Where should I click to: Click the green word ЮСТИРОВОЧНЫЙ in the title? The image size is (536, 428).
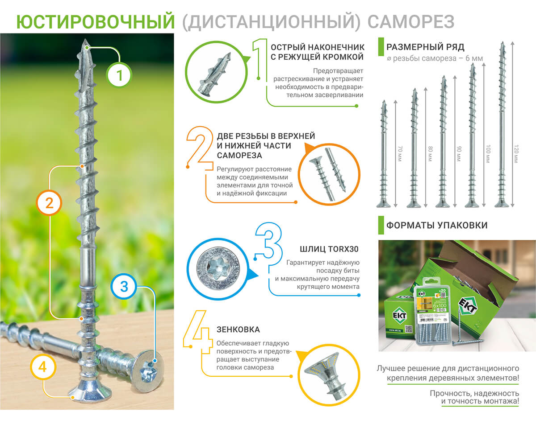click(x=95, y=21)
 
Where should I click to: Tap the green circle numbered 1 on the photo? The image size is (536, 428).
click(x=119, y=75)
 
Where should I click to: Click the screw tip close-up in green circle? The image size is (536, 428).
click(x=212, y=71)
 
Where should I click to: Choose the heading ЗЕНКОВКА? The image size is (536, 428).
click(x=238, y=329)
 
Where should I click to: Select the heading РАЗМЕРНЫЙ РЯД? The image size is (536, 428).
click(x=425, y=47)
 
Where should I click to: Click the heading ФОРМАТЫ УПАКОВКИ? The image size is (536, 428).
click(x=436, y=225)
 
